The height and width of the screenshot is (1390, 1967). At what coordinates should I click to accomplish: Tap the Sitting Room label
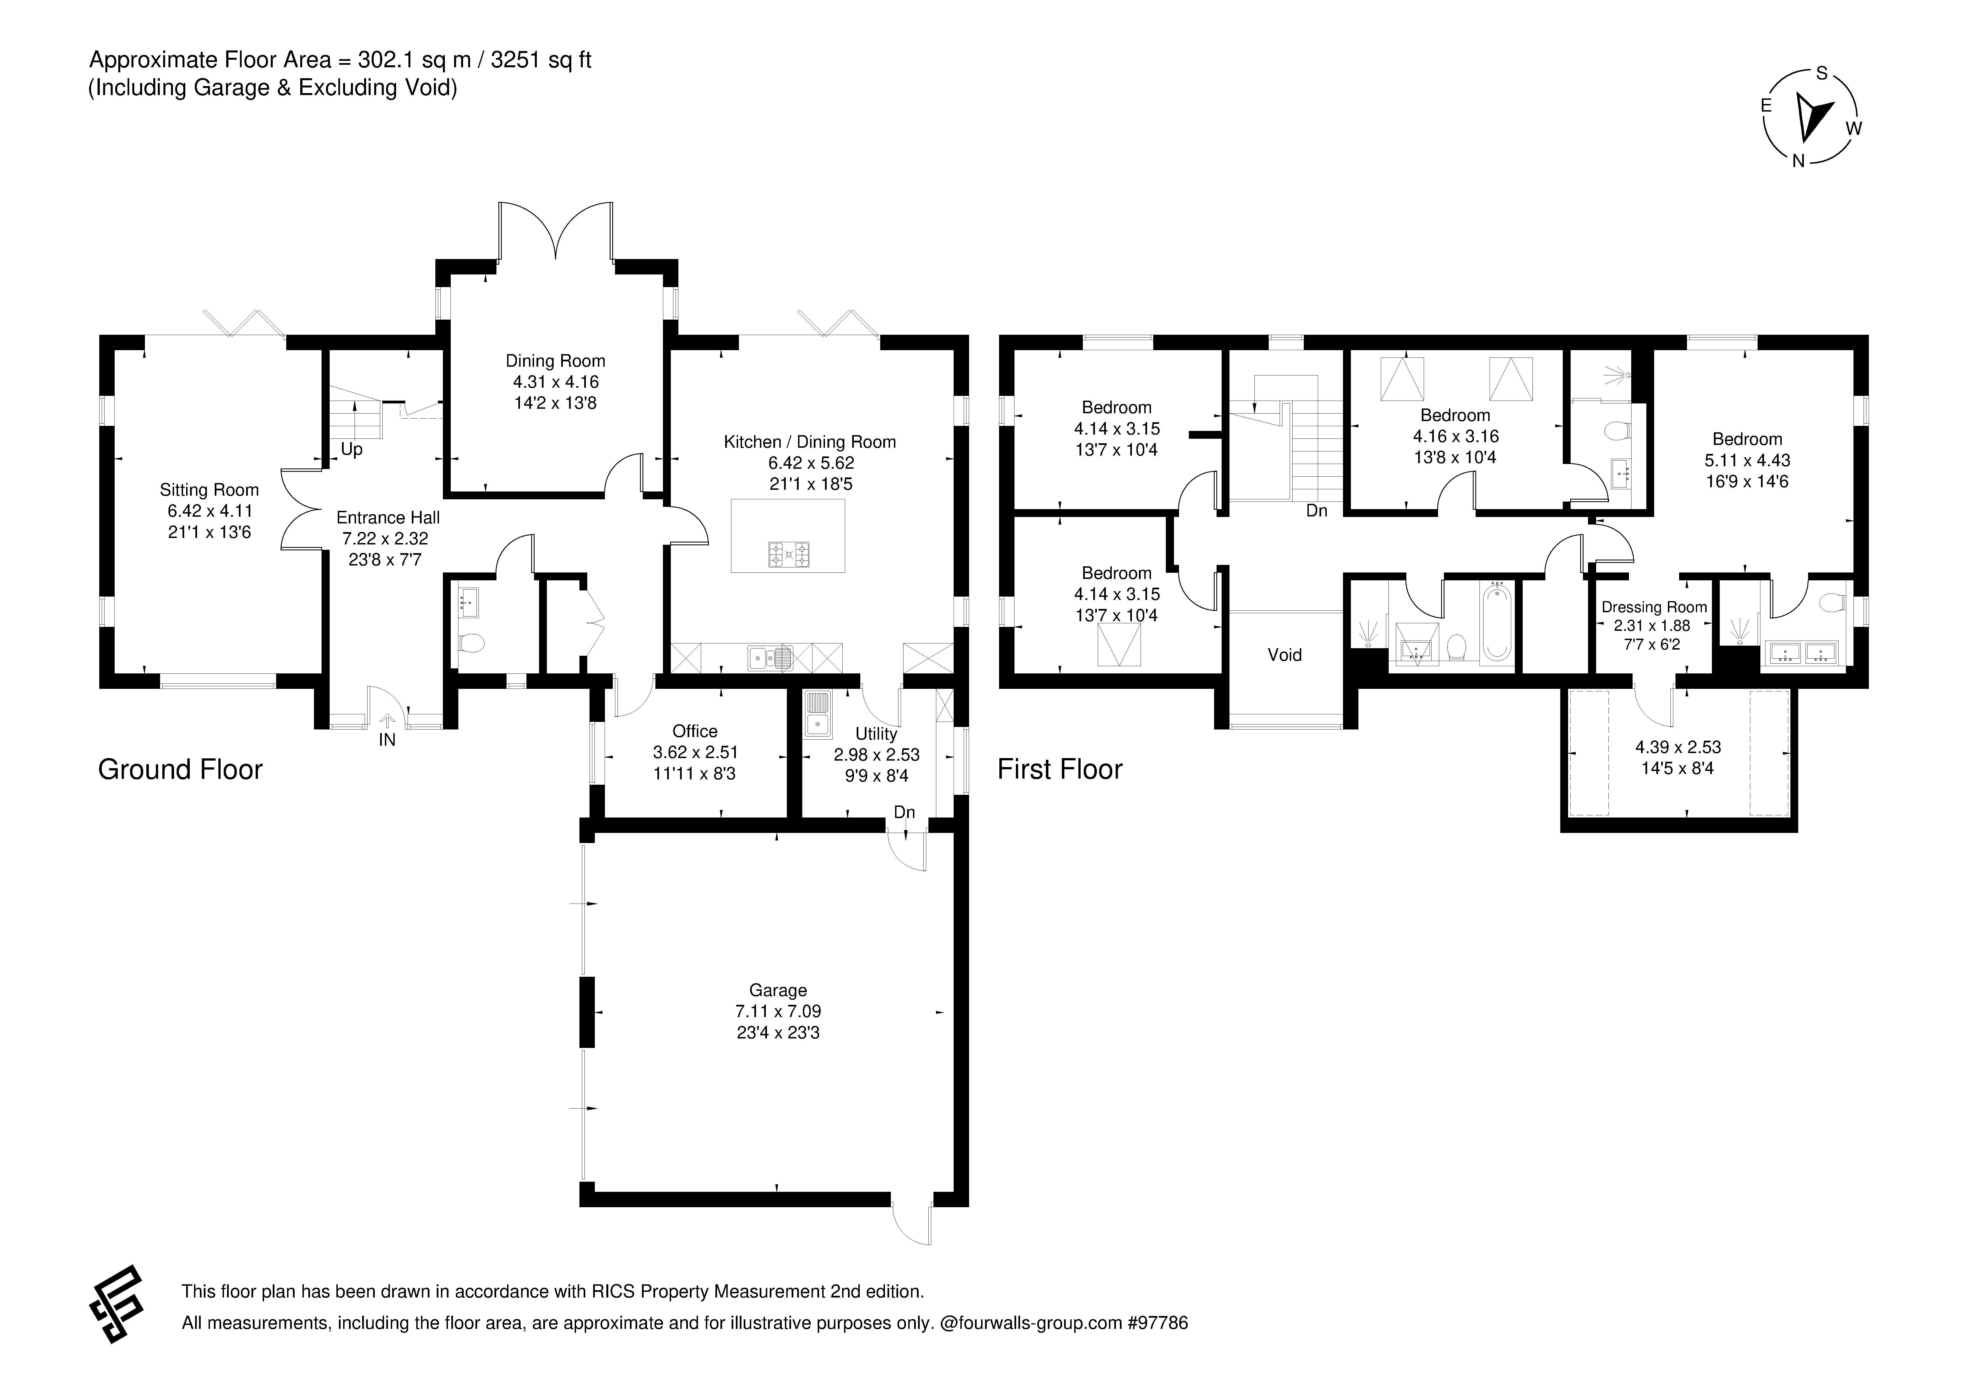point(209,490)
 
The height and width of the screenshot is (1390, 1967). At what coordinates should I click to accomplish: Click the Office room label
point(695,731)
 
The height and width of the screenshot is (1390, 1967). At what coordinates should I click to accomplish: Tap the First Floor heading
point(1060,770)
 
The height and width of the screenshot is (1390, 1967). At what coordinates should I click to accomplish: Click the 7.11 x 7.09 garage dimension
point(778,1011)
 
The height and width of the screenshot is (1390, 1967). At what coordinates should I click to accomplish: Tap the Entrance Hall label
point(388,518)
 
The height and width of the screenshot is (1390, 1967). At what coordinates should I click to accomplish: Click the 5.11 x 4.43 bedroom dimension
point(1747,460)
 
